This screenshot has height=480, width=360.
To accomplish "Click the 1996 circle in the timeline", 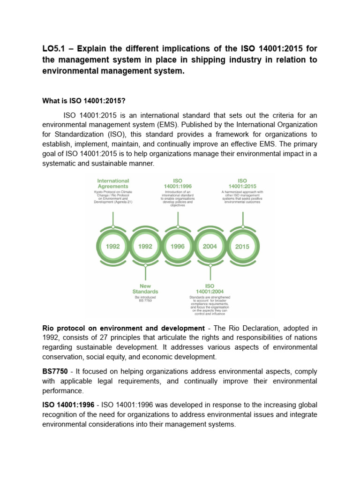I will pyautogui.click(x=178, y=247).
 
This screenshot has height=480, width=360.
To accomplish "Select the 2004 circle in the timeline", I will pyautogui.click(x=210, y=247).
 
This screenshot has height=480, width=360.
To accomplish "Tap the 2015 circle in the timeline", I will pyautogui.click(x=242, y=247).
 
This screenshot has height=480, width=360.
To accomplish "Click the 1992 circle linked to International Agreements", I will pyautogui.click(x=113, y=247).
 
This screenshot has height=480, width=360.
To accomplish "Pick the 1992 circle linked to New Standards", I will pyautogui.click(x=145, y=247).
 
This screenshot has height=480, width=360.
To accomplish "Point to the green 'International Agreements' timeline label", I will pyautogui.click(x=113, y=183).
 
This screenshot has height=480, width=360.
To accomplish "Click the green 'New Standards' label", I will pyautogui.click(x=145, y=288).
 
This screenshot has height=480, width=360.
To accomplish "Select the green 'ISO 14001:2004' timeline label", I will pyautogui.click(x=210, y=288).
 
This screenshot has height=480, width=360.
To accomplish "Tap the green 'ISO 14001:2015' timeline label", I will pyautogui.click(x=242, y=183).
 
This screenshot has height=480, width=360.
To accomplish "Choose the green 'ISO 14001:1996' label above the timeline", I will pyautogui.click(x=178, y=183).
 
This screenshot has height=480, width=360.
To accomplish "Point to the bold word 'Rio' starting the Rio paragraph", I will pyautogui.click(x=49, y=328).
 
